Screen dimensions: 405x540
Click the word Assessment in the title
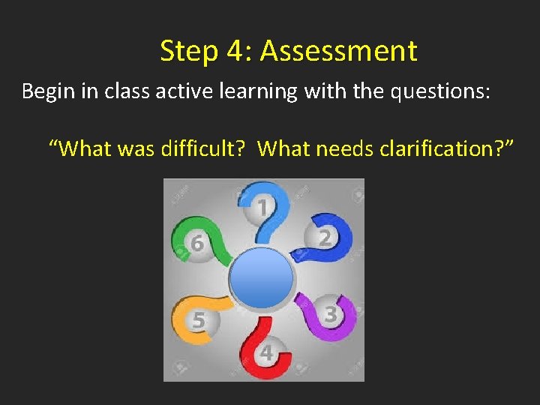point(338,51)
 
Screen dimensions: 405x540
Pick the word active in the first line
point(175,91)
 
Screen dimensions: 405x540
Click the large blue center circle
point(261,278)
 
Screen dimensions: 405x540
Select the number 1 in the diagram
point(262,207)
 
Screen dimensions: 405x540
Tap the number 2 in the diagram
point(325,238)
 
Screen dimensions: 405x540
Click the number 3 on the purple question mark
point(330,313)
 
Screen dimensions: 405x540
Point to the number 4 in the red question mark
point(265,352)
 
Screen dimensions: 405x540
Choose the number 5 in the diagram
point(197,321)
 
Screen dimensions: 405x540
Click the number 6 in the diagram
point(196,244)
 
